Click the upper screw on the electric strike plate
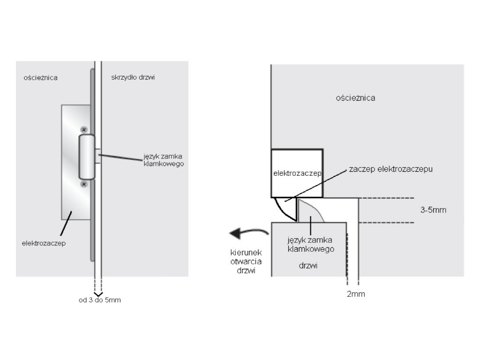(x=84, y=129)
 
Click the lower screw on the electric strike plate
(x=84, y=185)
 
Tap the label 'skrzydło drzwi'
(x=133, y=77)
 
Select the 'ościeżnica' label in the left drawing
(x=41, y=77)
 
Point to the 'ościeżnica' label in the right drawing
(x=356, y=98)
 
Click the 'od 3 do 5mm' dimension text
(x=99, y=300)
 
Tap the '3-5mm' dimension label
(x=433, y=210)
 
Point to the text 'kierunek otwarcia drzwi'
(x=242, y=261)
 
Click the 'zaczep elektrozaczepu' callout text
(x=390, y=169)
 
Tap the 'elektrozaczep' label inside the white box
(x=297, y=173)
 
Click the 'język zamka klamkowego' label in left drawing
(x=163, y=160)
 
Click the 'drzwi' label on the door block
(x=308, y=265)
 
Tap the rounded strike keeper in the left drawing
(x=87, y=157)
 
